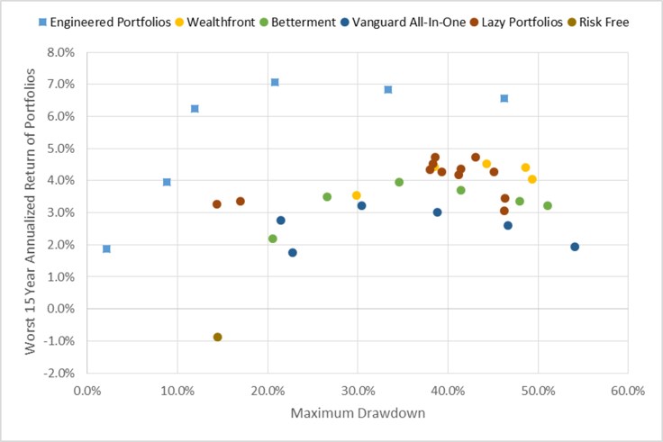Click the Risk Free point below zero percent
pos(217,337)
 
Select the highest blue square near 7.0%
pos(275,82)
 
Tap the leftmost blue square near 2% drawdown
pos(106,248)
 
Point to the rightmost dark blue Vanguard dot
pos(575,247)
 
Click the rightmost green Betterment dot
pos(548,205)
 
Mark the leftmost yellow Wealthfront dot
pos(357,195)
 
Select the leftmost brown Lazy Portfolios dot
pos(217,204)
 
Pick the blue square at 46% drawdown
pos(504,98)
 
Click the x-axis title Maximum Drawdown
pos(359,415)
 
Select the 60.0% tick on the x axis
pos(627,392)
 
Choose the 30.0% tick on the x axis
pos(358,392)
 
